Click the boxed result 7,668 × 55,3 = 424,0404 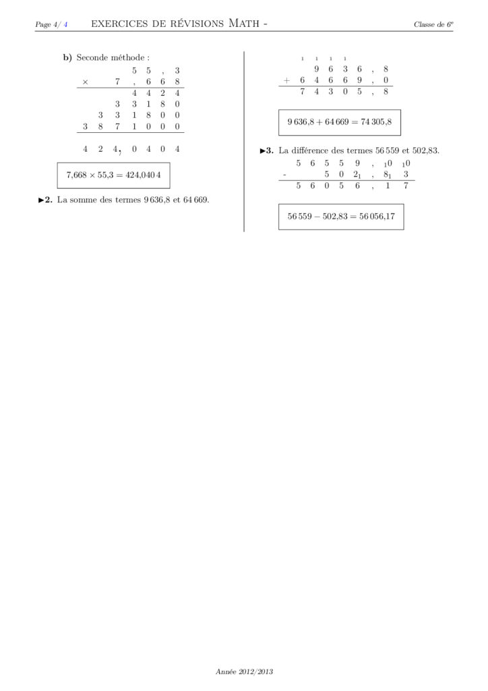[x=114, y=175]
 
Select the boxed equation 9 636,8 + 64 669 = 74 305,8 [x=339, y=122]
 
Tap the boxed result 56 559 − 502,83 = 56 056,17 [x=340, y=217]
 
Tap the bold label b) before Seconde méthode [x=67, y=57]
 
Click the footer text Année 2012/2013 [x=244, y=671]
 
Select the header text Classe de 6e [x=433, y=25]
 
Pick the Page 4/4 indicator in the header [x=51, y=25]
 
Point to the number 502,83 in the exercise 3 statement [x=424, y=150]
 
